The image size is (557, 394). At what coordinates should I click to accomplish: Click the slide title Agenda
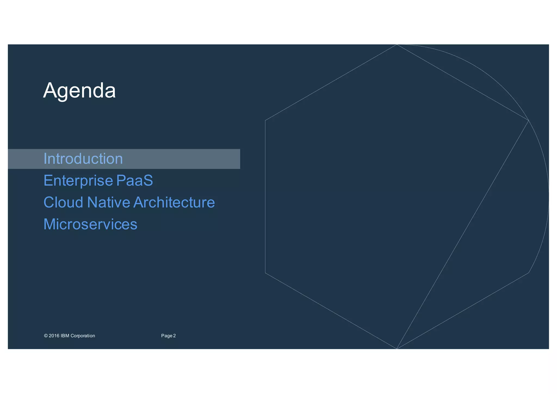tap(79, 91)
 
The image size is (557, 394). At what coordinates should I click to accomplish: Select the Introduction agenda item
tap(83, 159)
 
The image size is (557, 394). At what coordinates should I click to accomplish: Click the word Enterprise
tap(78, 181)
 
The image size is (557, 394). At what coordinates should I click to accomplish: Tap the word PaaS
tap(135, 181)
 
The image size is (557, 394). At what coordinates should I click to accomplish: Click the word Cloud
tap(63, 202)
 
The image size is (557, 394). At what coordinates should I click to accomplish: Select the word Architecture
tap(174, 202)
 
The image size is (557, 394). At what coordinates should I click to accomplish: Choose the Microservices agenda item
tap(90, 224)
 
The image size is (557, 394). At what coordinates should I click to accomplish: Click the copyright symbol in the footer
tap(46, 336)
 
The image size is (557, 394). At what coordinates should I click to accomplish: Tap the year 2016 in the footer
tap(54, 336)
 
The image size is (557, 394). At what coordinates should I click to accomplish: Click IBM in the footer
tap(65, 336)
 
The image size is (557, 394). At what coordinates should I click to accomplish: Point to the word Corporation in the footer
tap(83, 336)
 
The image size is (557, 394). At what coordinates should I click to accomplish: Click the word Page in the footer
tap(167, 336)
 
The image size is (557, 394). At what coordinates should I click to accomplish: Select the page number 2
tap(175, 336)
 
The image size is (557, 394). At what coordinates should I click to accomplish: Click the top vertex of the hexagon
tap(397, 44)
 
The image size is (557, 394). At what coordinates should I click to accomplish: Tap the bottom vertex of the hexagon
tap(397, 349)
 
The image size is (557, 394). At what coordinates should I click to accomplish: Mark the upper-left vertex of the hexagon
tap(265, 120)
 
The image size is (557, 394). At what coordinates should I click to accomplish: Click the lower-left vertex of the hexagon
tap(265, 273)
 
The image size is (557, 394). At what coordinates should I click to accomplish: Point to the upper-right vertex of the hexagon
tap(528, 120)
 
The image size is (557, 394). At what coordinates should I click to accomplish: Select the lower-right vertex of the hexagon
tap(528, 273)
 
